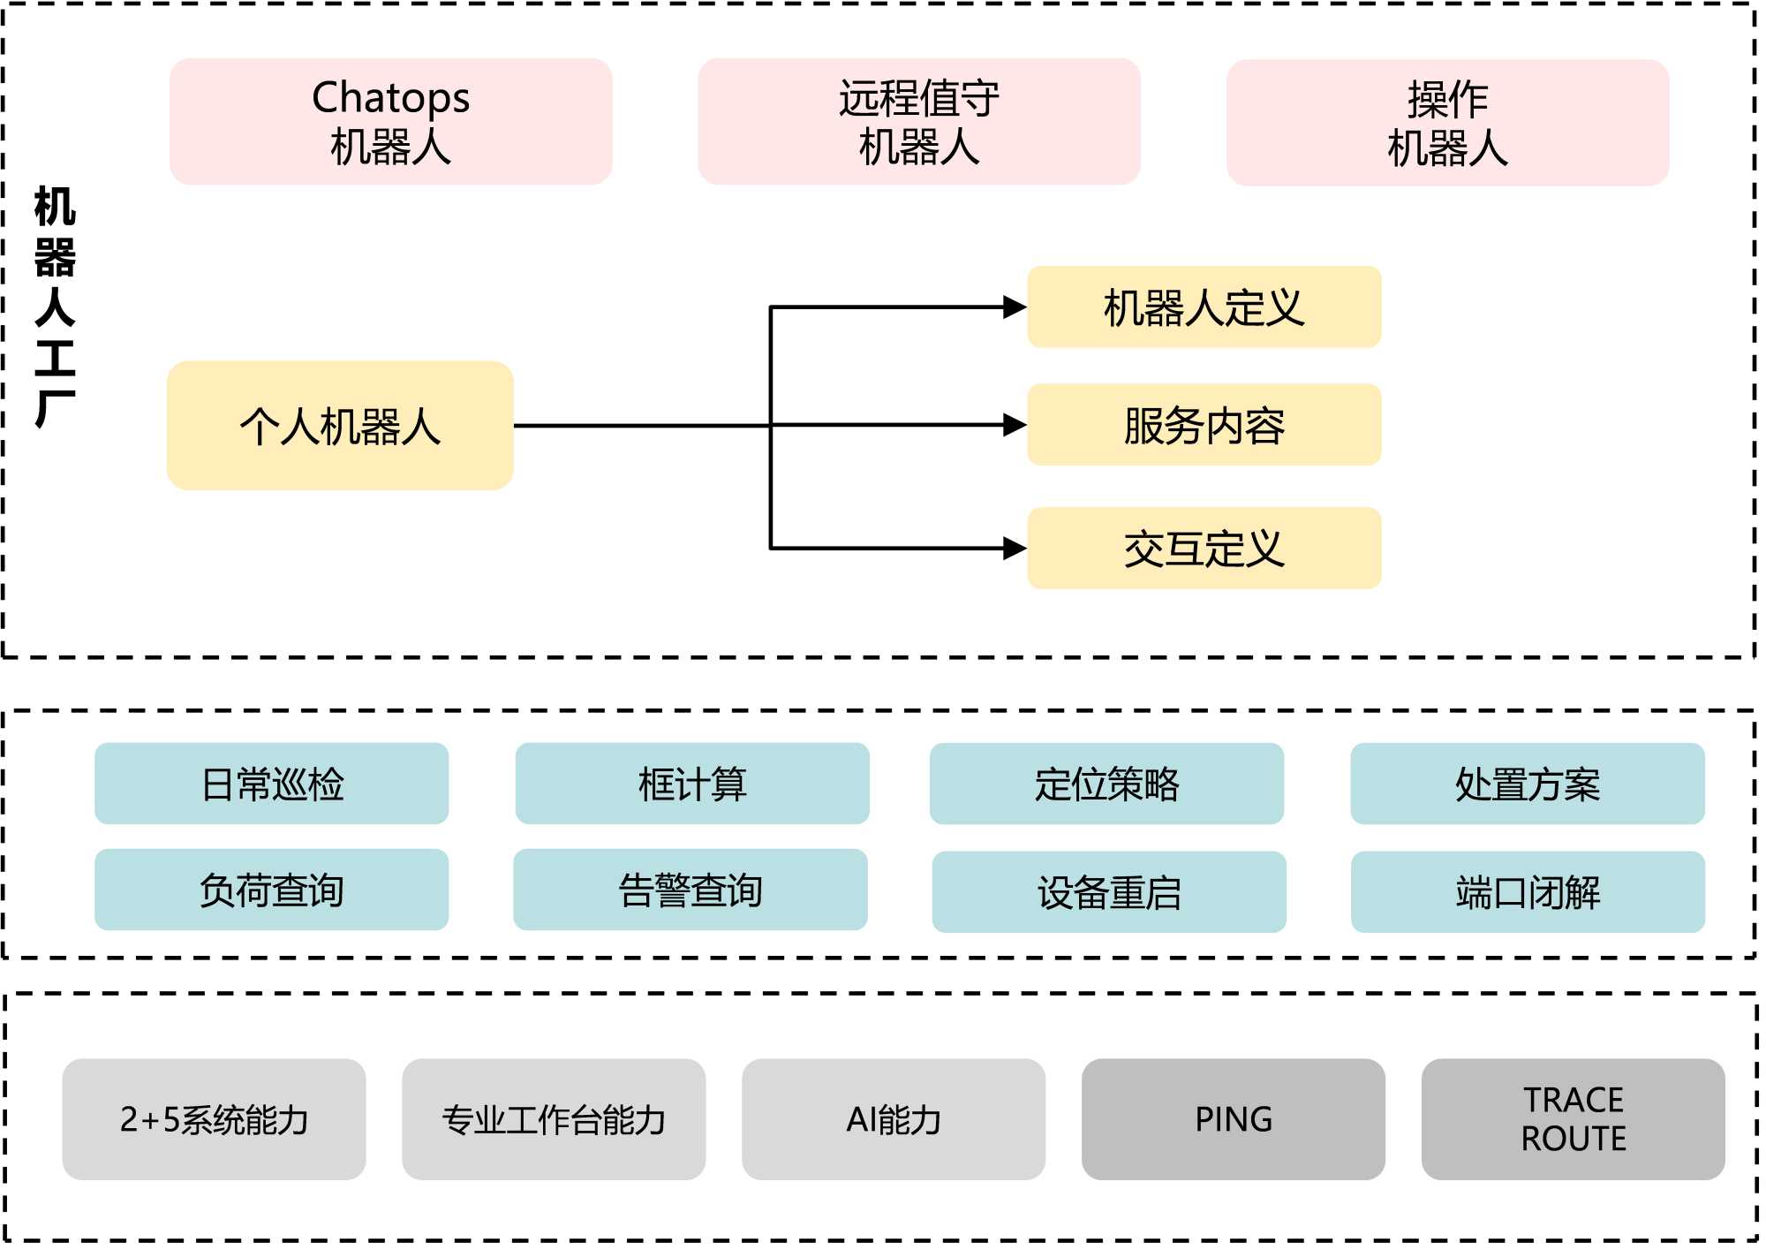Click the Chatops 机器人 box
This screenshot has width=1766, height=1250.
point(390,122)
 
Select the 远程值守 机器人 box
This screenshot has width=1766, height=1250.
point(918,122)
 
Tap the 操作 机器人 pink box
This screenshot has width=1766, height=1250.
point(1447,123)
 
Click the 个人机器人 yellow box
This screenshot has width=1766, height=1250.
point(340,426)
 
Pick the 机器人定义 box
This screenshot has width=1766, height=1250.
point(1204,307)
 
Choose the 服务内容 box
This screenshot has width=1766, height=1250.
point(1204,425)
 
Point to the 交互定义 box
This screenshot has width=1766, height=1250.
point(1204,548)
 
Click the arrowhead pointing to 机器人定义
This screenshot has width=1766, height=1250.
point(1015,307)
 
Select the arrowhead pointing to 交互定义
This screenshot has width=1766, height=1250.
point(1015,549)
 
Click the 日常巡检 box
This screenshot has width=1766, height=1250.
point(271,784)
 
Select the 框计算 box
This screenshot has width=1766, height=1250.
point(692,784)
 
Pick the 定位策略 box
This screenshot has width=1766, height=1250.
point(1106,784)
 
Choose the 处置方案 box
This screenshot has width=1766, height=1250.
point(1528,784)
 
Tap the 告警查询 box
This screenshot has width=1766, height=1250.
point(691,890)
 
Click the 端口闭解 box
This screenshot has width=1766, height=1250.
point(1528,891)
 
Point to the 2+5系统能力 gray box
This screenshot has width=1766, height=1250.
point(214,1119)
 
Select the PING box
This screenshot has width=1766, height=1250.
point(1234,1119)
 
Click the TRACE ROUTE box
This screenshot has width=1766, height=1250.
point(1573,1119)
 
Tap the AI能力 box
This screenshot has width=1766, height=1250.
point(894,1119)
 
